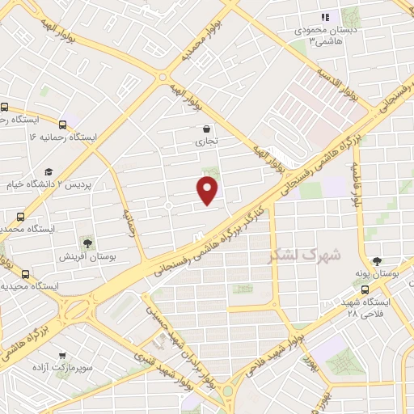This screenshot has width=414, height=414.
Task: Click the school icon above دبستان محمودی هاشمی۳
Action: point(325,17)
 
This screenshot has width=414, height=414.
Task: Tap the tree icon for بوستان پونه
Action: point(376,262)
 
